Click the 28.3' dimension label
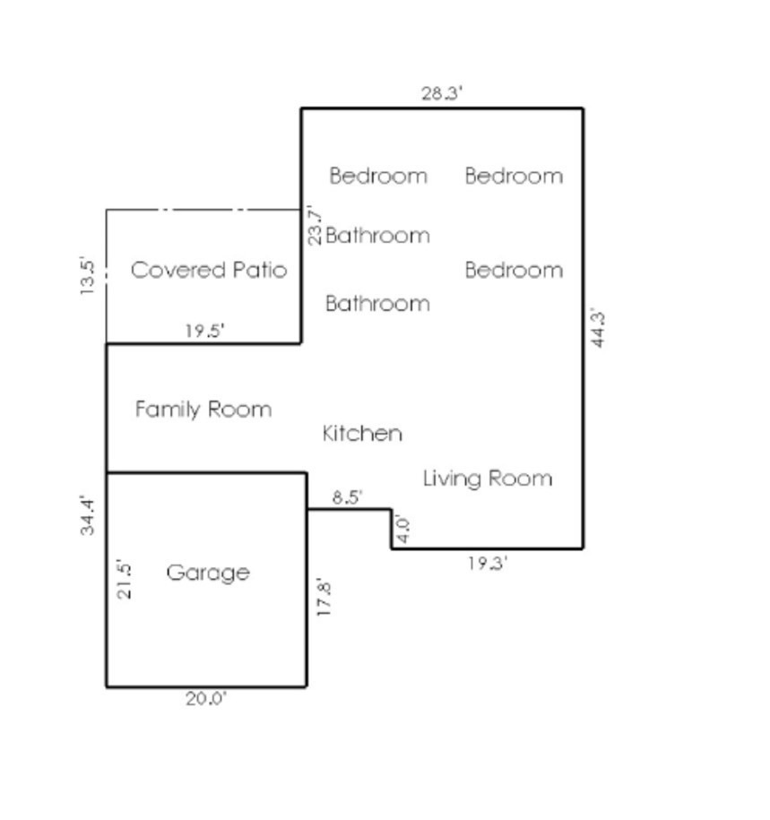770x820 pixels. pos(442,93)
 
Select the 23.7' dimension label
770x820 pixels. pos(315,226)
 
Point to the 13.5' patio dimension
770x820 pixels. pos(87,275)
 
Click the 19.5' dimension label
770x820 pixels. pos(205,331)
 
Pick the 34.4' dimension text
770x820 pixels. pos(87,515)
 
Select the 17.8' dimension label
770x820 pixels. pos(324,597)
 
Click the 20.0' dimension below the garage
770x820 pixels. pos(206,699)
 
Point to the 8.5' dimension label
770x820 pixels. pos(347,496)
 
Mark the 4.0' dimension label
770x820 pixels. pos(402,529)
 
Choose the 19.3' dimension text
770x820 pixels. pos(488,563)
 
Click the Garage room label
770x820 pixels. pos(208,573)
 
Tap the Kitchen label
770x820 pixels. pos(362,434)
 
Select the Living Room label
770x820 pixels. pos(488,479)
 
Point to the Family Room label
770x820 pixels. pos(203,410)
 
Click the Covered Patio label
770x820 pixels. pos(209,271)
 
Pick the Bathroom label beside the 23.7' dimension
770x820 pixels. pos(377,236)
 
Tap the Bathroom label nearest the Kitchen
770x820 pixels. pos(377,304)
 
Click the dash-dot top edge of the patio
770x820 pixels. pos(203,210)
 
